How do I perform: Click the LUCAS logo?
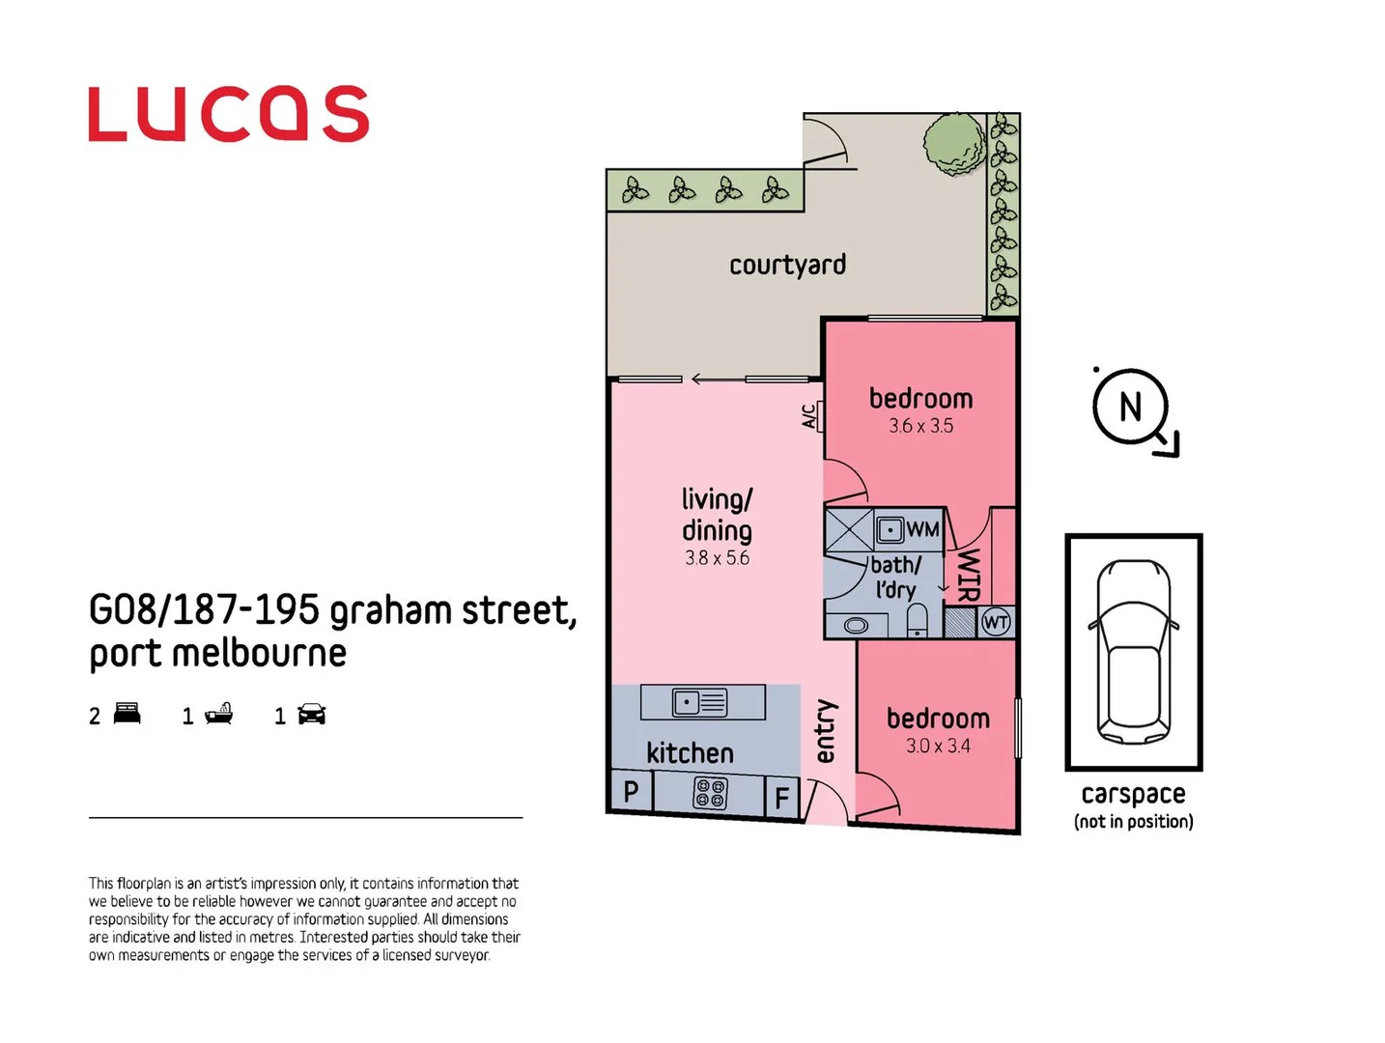228,114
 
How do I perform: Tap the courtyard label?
787,265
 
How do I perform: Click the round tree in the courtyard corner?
953,144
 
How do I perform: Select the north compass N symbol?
1130,408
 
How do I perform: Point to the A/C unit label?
809,416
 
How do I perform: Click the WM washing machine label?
922,529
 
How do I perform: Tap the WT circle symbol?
996,623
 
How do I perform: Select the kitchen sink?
700,702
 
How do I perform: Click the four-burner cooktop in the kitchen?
711,794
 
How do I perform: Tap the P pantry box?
631,792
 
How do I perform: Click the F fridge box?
782,798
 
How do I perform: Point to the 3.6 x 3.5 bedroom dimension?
920,426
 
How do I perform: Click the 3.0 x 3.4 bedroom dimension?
938,746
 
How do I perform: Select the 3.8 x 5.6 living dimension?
717,558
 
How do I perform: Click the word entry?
825,731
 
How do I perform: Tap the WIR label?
969,575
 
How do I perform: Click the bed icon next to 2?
127,715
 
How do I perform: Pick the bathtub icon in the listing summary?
219,715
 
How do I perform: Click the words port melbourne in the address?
217,654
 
